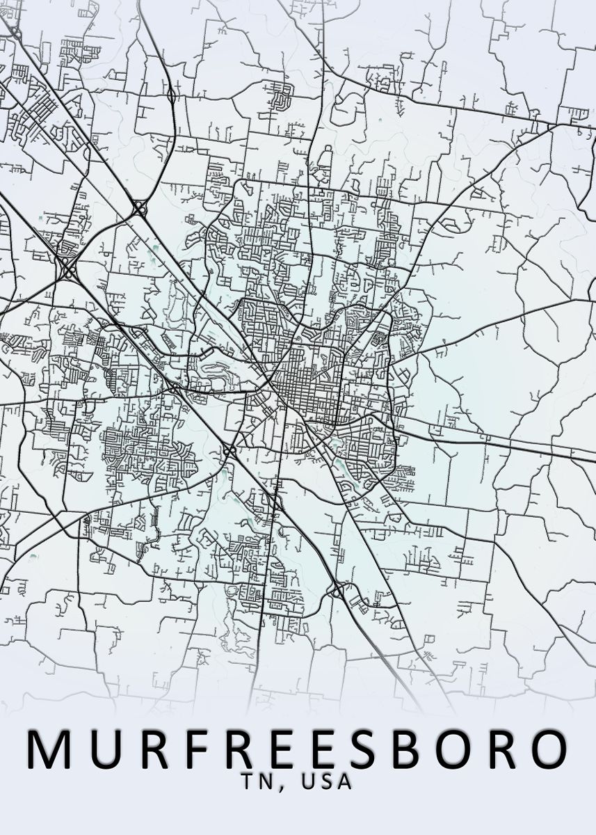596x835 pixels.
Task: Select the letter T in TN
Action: [248, 781]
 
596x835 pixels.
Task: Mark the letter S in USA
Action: [327, 781]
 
